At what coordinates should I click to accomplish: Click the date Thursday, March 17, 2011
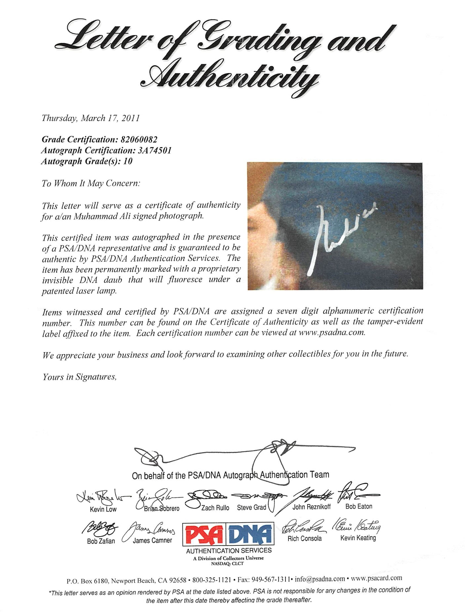click(x=90, y=118)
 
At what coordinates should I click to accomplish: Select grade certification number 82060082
click(x=139, y=139)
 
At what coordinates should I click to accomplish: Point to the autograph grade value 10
click(x=128, y=161)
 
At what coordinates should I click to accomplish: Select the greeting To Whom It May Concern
click(x=91, y=183)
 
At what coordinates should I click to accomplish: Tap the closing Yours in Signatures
click(x=79, y=377)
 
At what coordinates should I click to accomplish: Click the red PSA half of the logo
click(x=204, y=534)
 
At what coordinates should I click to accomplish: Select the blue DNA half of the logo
click(x=250, y=534)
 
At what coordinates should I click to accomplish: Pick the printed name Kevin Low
click(x=103, y=509)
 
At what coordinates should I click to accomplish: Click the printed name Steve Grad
click(x=251, y=508)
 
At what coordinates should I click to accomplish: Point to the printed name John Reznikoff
click(x=311, y=507)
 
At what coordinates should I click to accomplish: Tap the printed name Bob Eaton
click(x=359, y=506)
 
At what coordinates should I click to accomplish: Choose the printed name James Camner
click(x=152, y=541)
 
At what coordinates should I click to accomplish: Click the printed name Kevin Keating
click(x=358, y=538)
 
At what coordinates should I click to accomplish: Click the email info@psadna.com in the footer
click(x=320, y=579)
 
